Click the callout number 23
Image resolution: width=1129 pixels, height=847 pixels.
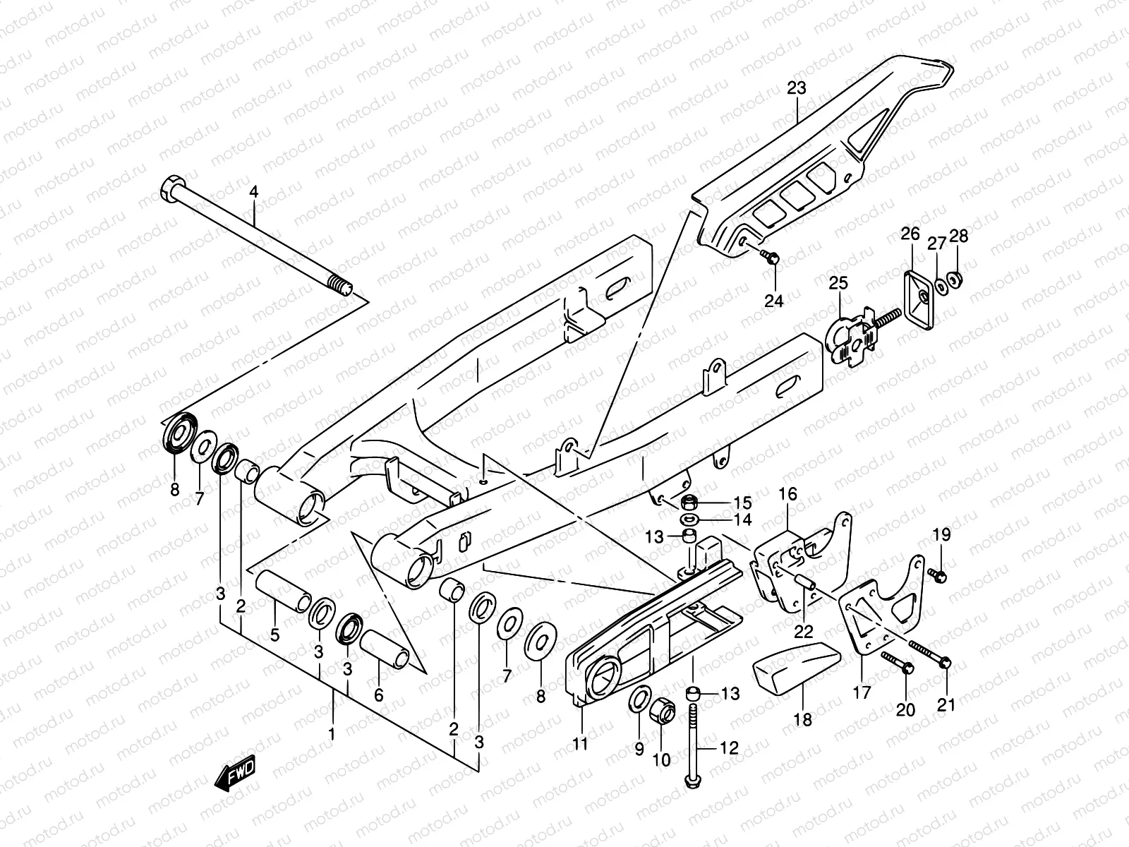tap(796, 88)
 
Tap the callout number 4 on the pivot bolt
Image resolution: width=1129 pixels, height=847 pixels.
tap(254, 191)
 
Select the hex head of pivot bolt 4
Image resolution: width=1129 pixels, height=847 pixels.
tap(171, 188)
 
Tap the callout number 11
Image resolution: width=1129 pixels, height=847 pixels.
tap(580, 743)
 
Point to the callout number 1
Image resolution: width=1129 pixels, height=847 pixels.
tap(331, 734)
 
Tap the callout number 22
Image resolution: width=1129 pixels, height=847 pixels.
tap(804, 631)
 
